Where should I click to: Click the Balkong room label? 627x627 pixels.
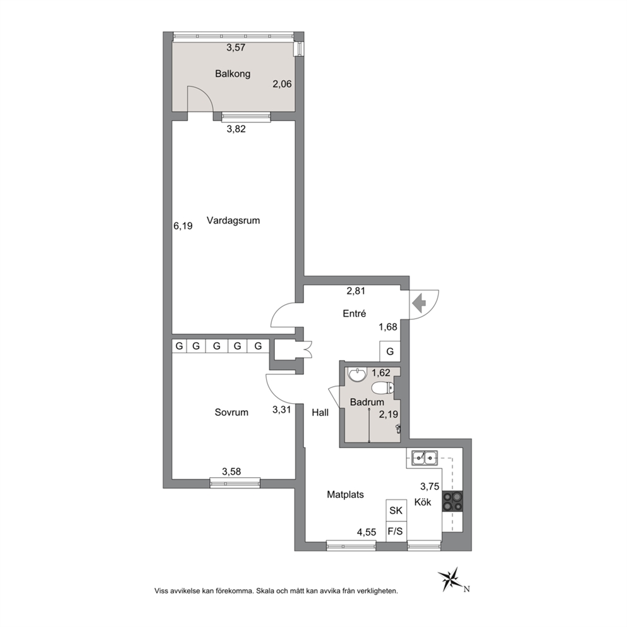[x=233, y=74]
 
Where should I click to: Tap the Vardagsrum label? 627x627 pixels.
[x=233, y=221]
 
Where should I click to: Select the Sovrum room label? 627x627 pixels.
[x=231, y=412]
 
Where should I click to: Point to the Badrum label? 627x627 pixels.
[x=367, y=402]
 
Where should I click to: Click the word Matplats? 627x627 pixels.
[x=346, y=495]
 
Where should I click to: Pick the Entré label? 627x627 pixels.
[x=355, y=313]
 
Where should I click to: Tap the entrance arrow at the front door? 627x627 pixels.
[x=419, y=303]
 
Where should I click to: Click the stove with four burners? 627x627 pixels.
[x=453, y=501]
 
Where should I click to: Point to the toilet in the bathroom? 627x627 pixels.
[x=382, y=388]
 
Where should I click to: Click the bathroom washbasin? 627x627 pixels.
[x=356, y=375]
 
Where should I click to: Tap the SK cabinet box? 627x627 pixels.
[x=396, y=510]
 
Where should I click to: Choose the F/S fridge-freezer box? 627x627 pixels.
[x=396, y=532]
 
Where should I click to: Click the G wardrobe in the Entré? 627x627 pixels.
[x=390, y=351]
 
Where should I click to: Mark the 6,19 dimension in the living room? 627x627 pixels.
[x=183, y=226]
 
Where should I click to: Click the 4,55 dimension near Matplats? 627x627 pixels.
[x=367, y=532]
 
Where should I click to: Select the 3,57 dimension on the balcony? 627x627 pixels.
[x=236, y=47]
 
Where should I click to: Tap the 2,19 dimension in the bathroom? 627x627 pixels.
[x=388, y=414]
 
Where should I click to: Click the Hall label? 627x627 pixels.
[x=320, y=412]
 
